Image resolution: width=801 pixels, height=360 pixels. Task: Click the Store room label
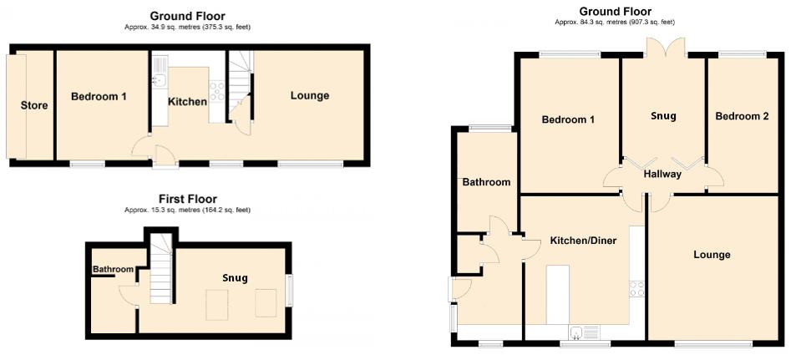34,105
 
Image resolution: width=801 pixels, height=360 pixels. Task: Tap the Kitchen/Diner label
583,241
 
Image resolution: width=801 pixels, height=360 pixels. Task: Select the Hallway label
662,175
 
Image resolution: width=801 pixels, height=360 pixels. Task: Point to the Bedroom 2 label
742,117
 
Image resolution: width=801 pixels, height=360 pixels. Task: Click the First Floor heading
188,199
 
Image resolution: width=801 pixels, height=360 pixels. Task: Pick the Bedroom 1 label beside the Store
99,97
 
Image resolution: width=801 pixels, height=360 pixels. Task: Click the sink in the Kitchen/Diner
578,332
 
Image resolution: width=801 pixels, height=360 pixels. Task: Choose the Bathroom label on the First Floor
113,269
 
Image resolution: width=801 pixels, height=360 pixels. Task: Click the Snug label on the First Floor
235,278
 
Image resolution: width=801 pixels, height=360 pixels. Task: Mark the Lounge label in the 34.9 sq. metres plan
310,96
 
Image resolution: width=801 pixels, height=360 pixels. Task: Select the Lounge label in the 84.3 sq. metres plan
712,255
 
